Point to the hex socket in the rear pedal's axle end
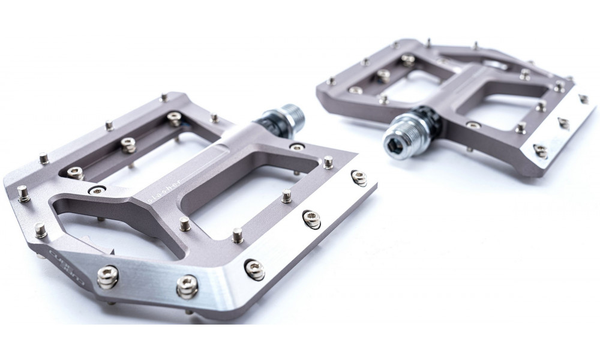point(398,140)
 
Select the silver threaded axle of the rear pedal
point(409,129)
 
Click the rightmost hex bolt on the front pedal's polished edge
point(359,176)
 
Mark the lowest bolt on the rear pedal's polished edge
point(541,151)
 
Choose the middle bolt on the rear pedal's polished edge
point(564,123)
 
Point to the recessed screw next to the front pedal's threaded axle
point(295,146)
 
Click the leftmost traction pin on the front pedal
point(22,192)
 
